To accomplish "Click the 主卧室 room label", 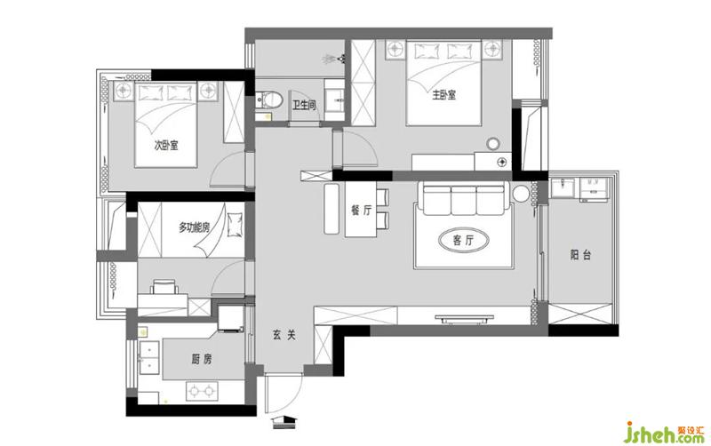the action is click(443, 95).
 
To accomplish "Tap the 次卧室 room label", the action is click(166, 146).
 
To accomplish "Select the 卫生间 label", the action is click(304, 106).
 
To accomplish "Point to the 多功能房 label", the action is click(194, 227).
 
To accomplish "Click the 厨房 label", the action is click(202, 360).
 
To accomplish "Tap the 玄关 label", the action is click(284, 336).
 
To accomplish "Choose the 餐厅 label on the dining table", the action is click(362, 211).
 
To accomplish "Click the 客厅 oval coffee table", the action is click(463, 240).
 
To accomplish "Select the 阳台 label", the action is click(580, 255).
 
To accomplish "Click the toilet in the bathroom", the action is click(269, 100).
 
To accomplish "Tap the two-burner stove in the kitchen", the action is click(202, 391).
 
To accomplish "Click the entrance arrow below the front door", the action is click(284, 422).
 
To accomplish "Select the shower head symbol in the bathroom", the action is click(334, 59).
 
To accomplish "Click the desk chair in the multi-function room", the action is click(164, 287).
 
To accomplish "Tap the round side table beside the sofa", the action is click(521, 195).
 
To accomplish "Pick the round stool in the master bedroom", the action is click(493, 144).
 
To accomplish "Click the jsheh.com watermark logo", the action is click(664, 433).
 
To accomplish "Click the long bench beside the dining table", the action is click(331, 209).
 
